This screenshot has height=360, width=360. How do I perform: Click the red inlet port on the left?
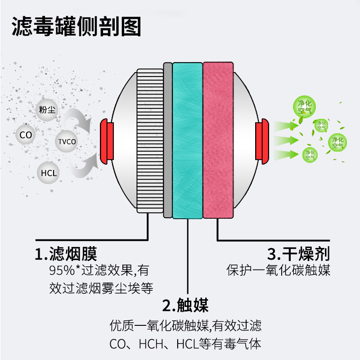(107, 140)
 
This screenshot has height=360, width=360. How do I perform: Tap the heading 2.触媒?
(185, 306)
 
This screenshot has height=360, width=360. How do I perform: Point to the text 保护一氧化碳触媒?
(279, 271)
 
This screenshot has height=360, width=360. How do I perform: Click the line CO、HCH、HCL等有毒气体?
(185, 344)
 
